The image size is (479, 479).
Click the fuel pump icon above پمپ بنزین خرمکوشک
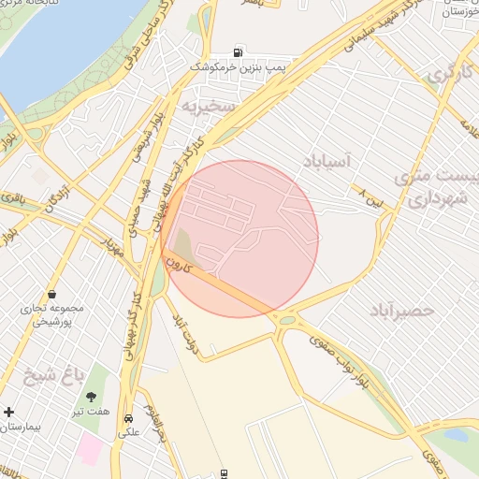[x=240, y=52]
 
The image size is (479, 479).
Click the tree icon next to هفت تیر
[x=92, y=397]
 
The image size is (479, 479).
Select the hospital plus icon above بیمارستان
[x=9, y=412]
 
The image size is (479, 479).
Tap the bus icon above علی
[x=128, y=418]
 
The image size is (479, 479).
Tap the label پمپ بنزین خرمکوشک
[x=238, y=68]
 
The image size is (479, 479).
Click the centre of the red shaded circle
[x=239, y=239]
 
